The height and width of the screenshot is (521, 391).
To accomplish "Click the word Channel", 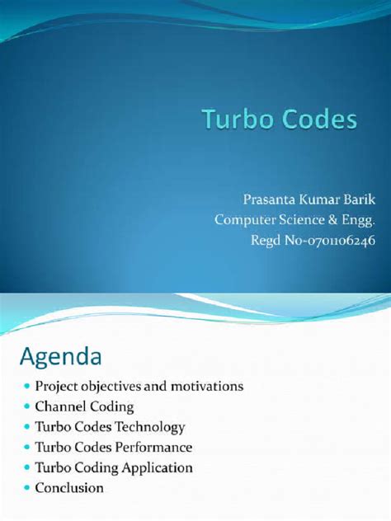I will tap(60, 406).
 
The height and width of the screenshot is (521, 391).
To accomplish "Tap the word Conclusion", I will tap(69, 488).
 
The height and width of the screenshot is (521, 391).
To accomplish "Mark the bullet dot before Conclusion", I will tap(26, 489).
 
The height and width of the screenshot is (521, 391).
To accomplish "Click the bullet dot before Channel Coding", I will tap(26, 407).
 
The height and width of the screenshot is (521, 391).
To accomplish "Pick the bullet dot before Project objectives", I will tap(26, 387).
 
